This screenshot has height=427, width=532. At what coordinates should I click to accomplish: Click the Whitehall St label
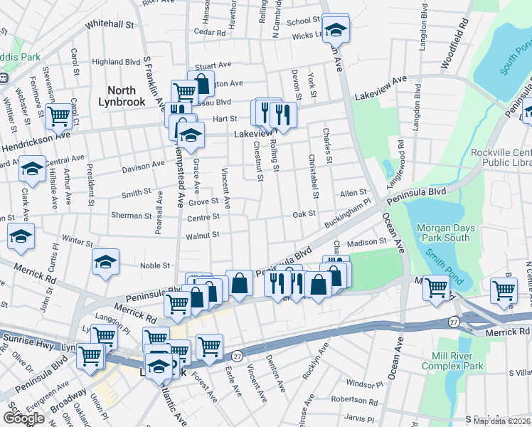coord(110,24)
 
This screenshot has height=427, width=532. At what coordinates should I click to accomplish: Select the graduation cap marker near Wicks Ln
coord(334,29)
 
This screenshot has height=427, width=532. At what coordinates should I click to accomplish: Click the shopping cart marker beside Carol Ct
coord(59,115)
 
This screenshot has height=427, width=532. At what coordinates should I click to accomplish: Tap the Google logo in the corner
coord(23,418)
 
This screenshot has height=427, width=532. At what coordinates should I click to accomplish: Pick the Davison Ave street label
coord(143,168)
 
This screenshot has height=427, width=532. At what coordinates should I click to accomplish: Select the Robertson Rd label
coord(353,401)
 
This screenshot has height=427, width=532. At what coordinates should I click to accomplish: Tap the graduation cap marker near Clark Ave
coord(32,169)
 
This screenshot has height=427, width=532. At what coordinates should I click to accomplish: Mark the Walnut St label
coord(203,235)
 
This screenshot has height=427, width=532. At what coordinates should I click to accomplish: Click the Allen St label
coord(353,193)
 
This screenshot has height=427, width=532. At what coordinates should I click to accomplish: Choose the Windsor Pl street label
coord(369,384)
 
